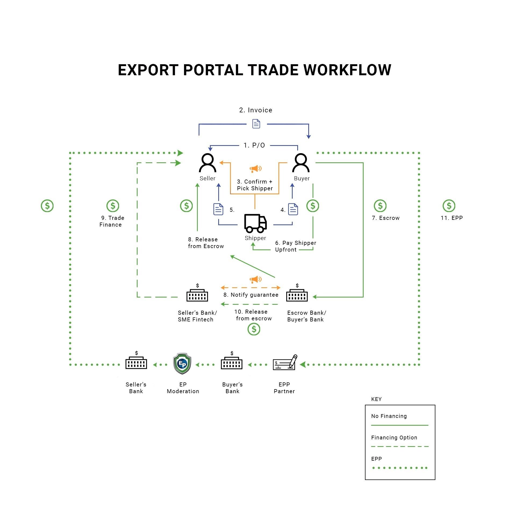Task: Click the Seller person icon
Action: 207,163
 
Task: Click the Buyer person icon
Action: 301,163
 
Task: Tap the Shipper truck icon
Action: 255,223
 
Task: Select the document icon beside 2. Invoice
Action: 256,124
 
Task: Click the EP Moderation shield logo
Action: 182,364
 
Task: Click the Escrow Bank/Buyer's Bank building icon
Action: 297,295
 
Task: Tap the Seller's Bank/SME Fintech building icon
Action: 197,295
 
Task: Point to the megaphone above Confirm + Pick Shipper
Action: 255,169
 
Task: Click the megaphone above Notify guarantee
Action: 255,279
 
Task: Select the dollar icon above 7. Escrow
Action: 380,206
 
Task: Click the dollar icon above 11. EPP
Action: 449,206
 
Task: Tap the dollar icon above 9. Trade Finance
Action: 113,206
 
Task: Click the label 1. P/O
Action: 254,145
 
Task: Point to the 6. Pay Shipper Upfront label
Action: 295,246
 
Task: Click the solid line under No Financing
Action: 400,425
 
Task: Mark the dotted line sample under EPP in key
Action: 400,468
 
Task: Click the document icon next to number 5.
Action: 218,209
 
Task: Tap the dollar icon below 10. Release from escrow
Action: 254,329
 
